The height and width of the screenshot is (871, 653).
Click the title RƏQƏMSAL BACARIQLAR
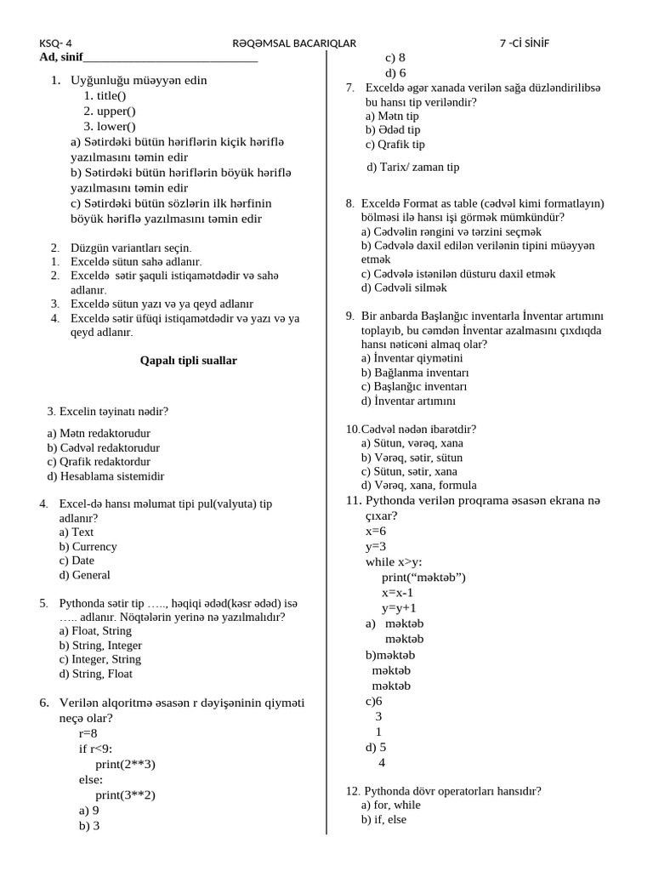click(294, 43)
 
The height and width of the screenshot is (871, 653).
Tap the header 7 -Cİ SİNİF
click(525, 43)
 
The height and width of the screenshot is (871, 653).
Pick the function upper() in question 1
click(110, 111)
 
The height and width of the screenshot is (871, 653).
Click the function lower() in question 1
click(110, 127)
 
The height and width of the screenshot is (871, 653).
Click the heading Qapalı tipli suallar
click(188, 361)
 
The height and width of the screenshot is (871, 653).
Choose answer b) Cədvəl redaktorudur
click(104, 447)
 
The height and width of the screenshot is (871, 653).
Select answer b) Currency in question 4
click(88, 547)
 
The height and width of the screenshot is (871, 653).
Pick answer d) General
click(85, 575)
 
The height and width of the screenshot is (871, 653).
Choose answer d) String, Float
click(96, 675)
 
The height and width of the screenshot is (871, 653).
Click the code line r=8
click(88, 733)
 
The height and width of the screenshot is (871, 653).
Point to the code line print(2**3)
click(125, 764)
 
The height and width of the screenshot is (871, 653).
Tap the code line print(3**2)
click(125, 795)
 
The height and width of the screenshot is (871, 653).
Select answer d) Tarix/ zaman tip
click(413, 168)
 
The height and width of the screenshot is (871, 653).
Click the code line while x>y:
click(394, 562)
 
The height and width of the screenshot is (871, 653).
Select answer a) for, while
click(391, 806)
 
